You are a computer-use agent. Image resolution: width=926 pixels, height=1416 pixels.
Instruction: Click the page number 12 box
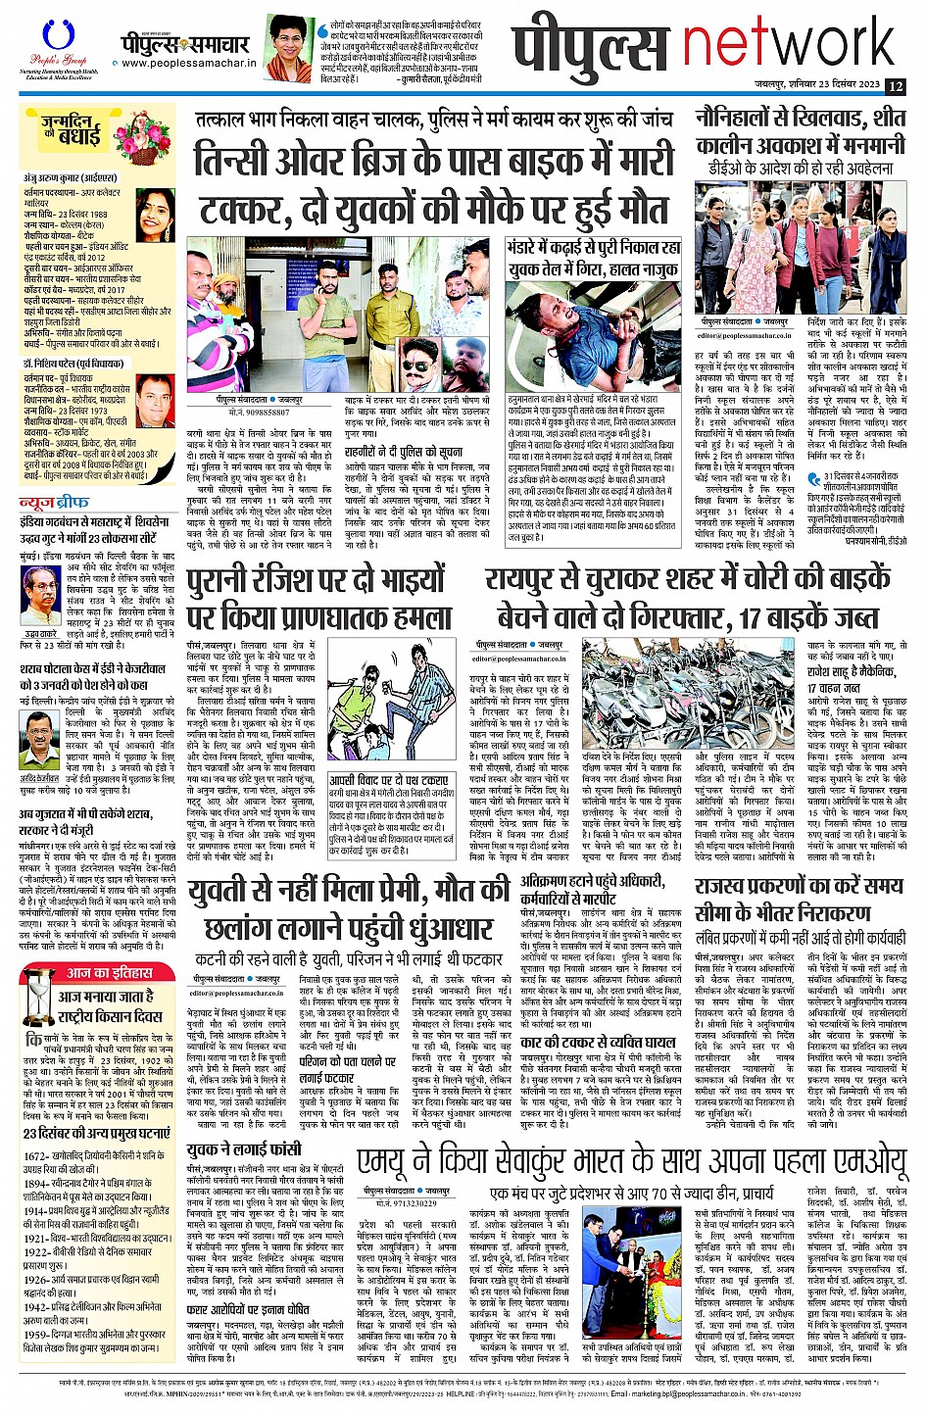895,86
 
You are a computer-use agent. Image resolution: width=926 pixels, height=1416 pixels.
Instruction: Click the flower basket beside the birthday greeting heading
142,142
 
